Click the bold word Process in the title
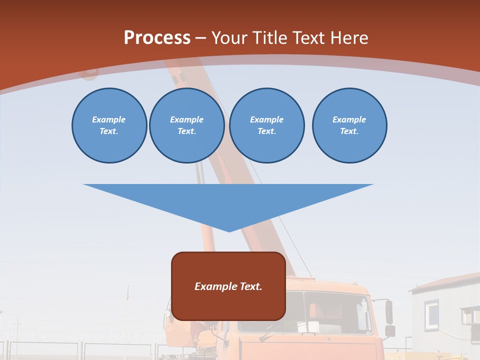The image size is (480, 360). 157,38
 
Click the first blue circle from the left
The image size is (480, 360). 109,125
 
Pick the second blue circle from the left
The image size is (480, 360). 186,125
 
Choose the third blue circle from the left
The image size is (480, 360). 266,125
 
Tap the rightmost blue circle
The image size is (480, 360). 349,125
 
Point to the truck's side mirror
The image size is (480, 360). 389,312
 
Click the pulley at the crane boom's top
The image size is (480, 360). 89,73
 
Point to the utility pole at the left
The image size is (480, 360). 127,315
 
